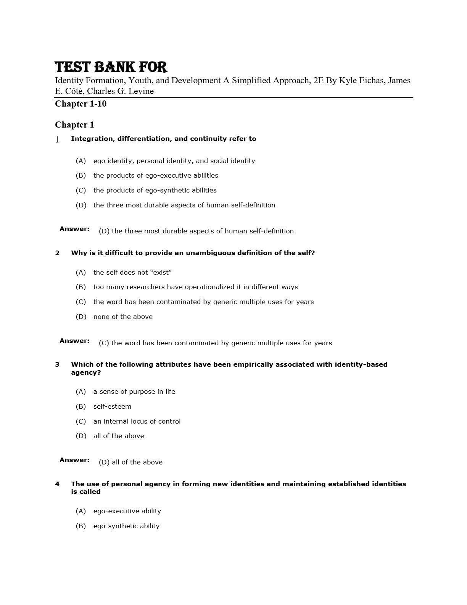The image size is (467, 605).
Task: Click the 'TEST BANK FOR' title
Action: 111,67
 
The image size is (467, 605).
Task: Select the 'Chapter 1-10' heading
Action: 81,104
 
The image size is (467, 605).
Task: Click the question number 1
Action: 57,140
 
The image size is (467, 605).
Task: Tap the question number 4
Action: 57,484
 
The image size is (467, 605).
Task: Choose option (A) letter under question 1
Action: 81,161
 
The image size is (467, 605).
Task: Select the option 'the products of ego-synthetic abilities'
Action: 155,190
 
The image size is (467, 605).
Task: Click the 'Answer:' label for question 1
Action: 74,229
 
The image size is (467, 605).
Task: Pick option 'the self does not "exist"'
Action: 132,272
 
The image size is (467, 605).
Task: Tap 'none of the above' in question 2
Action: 123,317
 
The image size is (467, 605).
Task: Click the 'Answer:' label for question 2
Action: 74,341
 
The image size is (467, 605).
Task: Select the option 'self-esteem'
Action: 112,406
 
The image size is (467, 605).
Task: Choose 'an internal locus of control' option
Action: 137,421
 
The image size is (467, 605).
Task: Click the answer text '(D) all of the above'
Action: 130,462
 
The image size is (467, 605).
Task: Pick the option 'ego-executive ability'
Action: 127,511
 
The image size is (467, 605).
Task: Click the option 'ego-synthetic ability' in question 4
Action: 126,526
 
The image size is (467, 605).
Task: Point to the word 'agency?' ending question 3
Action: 86,372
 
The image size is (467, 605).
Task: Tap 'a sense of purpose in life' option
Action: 134,391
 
